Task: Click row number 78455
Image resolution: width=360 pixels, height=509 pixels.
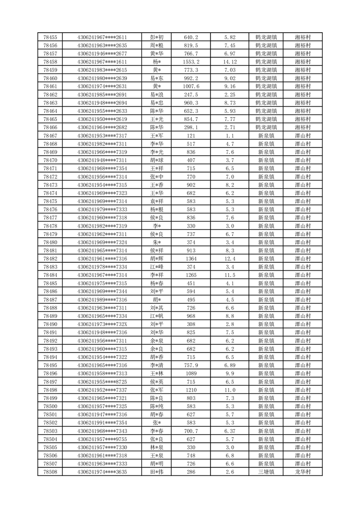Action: point(50,37)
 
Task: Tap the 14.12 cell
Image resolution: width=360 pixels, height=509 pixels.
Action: point(230,62)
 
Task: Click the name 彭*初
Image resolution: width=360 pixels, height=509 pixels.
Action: point(157,37)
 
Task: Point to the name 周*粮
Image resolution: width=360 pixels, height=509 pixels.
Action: point(157,45)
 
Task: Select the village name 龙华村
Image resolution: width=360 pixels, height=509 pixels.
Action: point(302,472)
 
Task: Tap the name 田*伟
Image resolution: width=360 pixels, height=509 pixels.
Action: point(157,472)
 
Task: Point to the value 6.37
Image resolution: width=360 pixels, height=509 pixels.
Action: point(230,431)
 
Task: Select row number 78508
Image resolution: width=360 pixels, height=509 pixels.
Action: point(50,472)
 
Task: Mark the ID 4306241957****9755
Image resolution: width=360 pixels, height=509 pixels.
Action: point(102,439)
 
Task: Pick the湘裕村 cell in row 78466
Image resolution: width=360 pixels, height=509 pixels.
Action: point(302,127)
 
